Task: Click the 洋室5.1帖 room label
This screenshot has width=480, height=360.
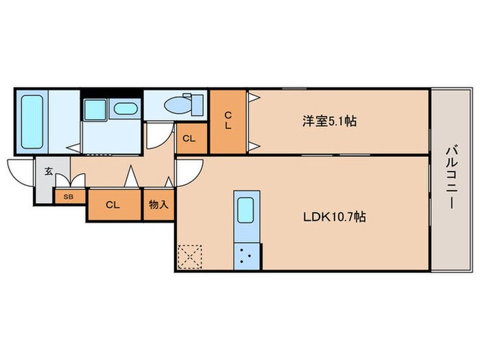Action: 329,121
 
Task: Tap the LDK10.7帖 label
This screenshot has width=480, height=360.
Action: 335,217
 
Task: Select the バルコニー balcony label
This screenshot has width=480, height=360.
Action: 451,178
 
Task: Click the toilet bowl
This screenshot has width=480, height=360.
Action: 177,106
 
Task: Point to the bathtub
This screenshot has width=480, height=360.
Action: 32,122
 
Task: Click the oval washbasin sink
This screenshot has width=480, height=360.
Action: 125,108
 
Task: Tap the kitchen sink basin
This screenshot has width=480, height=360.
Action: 245,210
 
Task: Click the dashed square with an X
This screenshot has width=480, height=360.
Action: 190,257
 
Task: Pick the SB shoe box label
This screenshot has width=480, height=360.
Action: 69,197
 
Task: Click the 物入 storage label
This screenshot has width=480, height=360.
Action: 158,204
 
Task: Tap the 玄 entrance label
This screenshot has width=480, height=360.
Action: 49,171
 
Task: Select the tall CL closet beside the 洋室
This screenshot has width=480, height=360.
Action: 228,121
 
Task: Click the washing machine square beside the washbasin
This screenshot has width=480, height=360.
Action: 95,110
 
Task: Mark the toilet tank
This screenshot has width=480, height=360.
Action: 197,106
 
